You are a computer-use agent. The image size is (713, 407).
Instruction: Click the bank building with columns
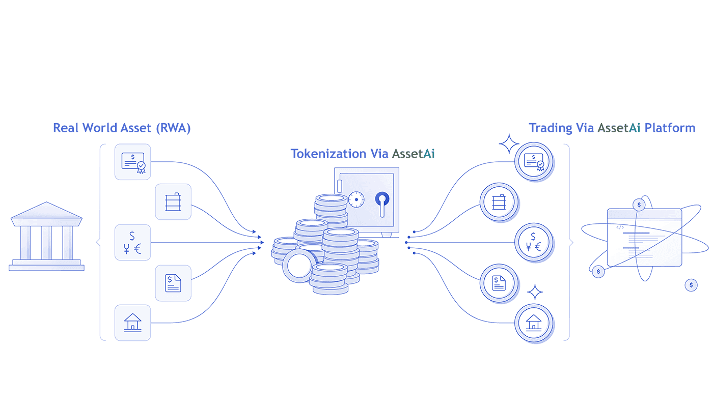tap(46, 237)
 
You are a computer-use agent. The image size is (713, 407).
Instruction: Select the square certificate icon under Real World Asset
tap(133, 161)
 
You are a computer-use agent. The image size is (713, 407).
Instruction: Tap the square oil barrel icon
tap(173, 202)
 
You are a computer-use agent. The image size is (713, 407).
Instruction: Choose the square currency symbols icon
tap(133, 242)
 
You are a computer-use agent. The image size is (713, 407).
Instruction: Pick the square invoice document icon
tap(173, 283)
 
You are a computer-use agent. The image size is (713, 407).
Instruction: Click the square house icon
tap(133, 323)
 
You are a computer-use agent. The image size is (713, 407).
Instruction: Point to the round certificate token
tap(533, 161)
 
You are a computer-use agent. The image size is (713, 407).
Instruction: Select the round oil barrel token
tap(499, 202)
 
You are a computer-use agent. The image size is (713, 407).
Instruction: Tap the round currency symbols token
tap(533, 242)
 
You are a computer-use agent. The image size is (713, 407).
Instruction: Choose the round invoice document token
tap(499, 283)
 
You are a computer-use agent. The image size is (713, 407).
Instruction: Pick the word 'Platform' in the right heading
tap(670, 128)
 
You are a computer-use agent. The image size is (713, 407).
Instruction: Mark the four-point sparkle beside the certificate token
tap(509, 144)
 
